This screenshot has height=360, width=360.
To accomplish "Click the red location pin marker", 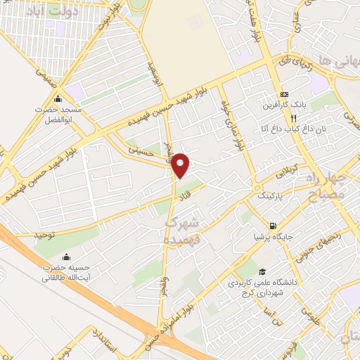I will pyautogui.click(x=181, y=165).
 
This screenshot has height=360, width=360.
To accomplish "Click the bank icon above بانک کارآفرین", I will pyautogui.click(x=284, y=95).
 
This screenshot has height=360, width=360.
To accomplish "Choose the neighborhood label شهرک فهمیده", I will pyautogui.click(x=185, y=231).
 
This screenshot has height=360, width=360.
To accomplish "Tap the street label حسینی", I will pyautogui.click(x=139, y=150).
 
